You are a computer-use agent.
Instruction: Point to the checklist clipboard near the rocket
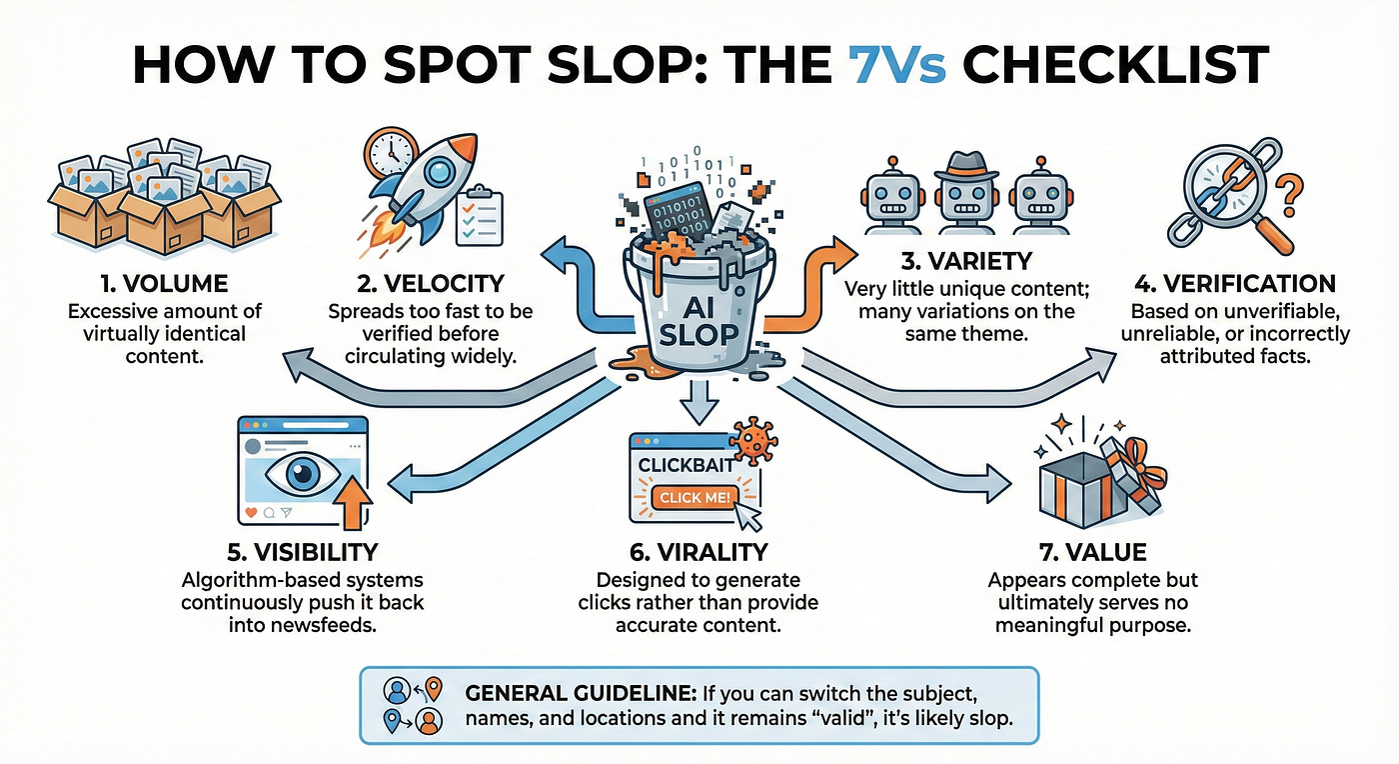pos(479,215)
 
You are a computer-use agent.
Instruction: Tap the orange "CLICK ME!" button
pos(692,497)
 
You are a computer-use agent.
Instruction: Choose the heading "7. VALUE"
pos(1092,553)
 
